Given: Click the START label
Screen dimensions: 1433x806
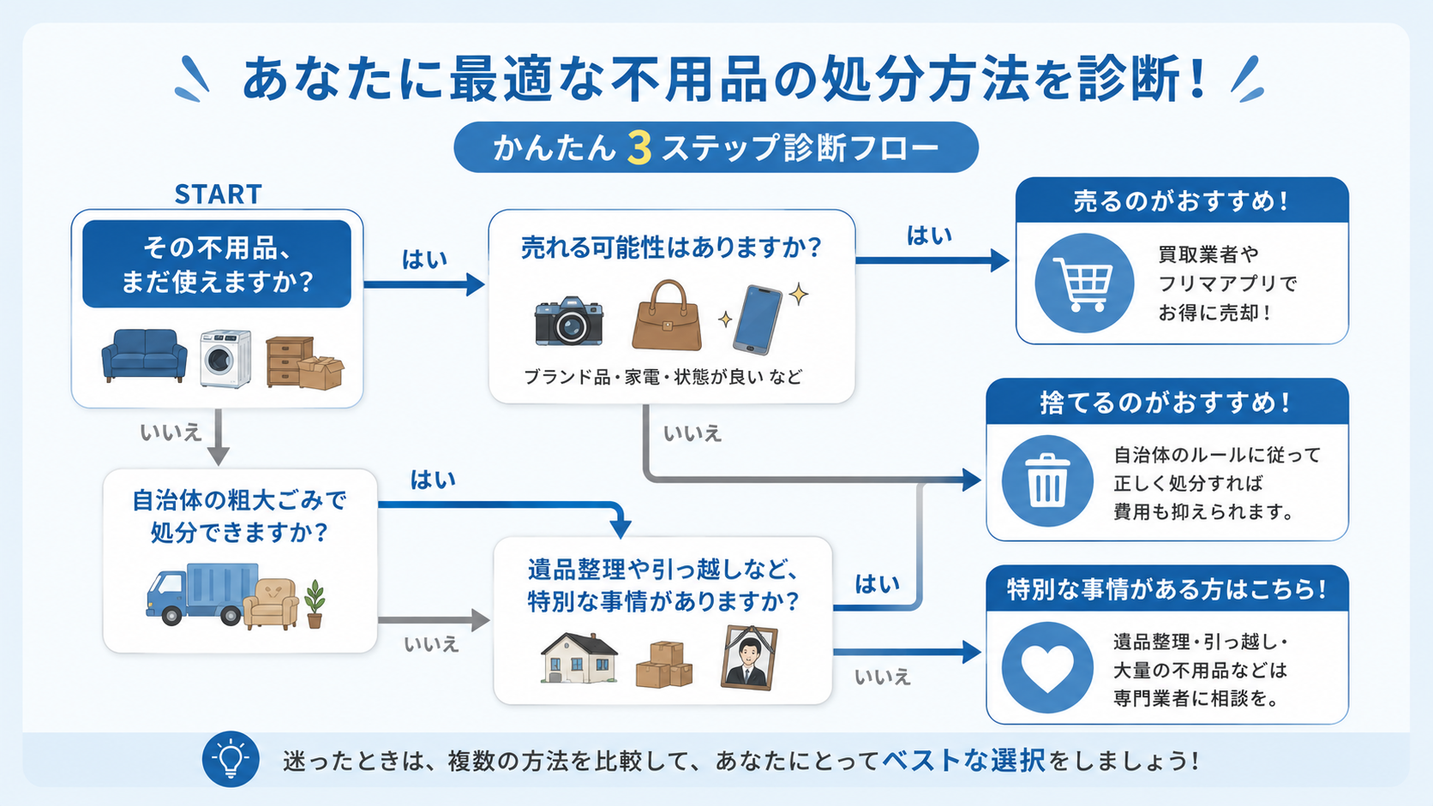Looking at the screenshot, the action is coord(219,194).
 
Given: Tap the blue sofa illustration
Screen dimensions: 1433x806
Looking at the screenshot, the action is coord(145,355).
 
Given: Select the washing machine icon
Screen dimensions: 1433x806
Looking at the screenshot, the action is coord(225,359).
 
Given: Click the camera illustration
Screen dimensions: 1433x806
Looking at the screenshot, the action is coord(569,321).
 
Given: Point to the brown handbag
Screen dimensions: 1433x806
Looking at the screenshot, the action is coord(667,315).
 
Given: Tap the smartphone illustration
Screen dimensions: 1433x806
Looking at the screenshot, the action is coord(758,319).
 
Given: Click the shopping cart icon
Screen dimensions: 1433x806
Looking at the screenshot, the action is coord(1083,283).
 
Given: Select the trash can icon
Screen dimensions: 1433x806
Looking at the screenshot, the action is coord(1047,480).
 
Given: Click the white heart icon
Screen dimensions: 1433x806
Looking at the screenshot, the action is coord(1047,668).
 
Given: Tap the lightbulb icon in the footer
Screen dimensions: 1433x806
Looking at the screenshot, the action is coord(231,760).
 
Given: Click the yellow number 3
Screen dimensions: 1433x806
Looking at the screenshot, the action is coord(639,148).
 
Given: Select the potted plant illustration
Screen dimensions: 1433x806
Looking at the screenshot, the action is coord(314,604).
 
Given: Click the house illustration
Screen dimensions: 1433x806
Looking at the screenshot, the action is coord(579,659).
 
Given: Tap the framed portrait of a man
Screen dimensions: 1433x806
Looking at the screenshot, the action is coord(749,658).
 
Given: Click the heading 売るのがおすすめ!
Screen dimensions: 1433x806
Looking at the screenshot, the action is coord(1181,201).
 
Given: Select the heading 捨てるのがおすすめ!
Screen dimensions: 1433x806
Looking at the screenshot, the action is coord(1166,403).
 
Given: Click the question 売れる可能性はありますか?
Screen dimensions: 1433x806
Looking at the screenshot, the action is coord(671,248).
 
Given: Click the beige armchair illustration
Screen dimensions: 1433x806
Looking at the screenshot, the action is coord(271,604).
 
